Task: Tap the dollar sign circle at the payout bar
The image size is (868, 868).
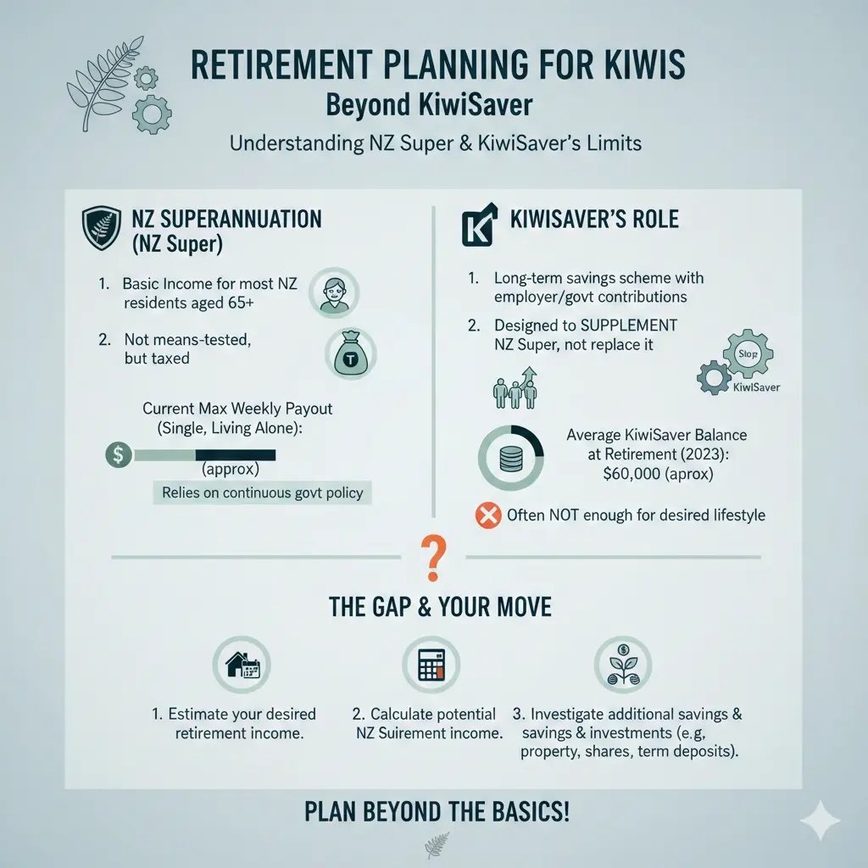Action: (x=118, y=454)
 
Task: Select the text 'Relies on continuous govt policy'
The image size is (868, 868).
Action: (x=263, y=492)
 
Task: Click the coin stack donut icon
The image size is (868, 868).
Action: (x=511, y=457)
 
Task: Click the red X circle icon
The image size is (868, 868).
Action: (x=488, y=515)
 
